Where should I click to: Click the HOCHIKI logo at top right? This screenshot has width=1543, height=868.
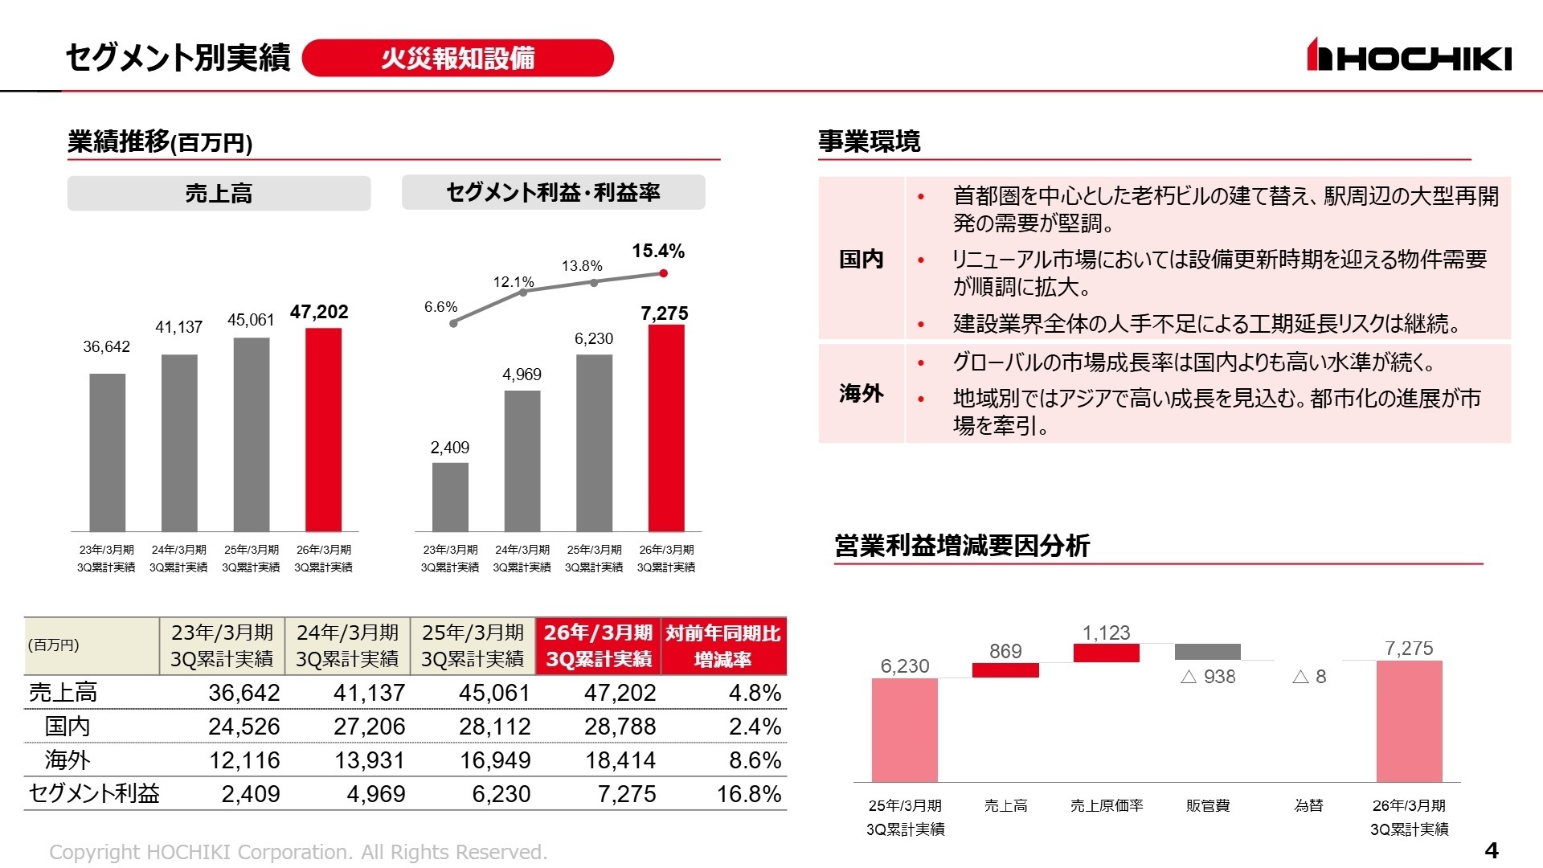[x=1408, y=56]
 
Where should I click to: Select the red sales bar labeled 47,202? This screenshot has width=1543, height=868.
[x=323, y=429]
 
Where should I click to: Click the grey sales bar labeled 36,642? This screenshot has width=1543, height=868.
[x=107, y=452]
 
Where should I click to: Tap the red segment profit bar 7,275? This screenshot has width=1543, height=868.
[x=666, y=428]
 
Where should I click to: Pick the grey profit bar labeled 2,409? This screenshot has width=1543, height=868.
[x=450, y=497]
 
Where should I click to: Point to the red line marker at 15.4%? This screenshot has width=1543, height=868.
[x=663, y=273]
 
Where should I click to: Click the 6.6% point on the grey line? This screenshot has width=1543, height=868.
[x=454, y=323]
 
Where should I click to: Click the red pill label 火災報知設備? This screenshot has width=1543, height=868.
[x=457, y=58]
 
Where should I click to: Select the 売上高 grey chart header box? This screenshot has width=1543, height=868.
[x=219, y=194]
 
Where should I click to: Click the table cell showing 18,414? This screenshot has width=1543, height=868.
[x=620, y=759]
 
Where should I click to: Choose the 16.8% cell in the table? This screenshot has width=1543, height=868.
[x=748, y=794]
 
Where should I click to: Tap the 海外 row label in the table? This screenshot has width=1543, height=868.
[x=68, y=759]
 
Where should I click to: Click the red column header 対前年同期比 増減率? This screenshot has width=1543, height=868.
[x=722, y=646]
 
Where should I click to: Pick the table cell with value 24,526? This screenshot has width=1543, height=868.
[x=244, y=726]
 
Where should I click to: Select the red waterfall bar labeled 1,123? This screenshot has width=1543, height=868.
[x=1106, y=653]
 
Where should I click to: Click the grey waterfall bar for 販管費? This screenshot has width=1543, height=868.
[x=1207, y=652]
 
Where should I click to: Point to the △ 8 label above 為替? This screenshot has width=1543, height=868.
[x=1308, y=677]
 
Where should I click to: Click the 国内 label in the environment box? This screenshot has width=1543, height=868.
[x=861, y=259]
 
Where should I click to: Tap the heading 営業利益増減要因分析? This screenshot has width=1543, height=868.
[x=961, y=546]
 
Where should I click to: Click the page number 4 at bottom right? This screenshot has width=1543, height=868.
[x=1491, y=850]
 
